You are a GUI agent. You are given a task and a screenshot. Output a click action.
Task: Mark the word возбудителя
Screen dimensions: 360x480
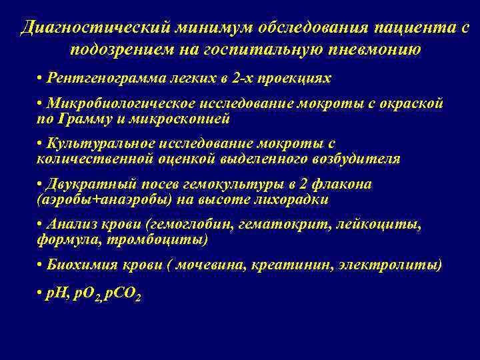358,159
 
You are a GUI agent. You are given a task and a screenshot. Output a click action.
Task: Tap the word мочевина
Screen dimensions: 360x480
209,265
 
